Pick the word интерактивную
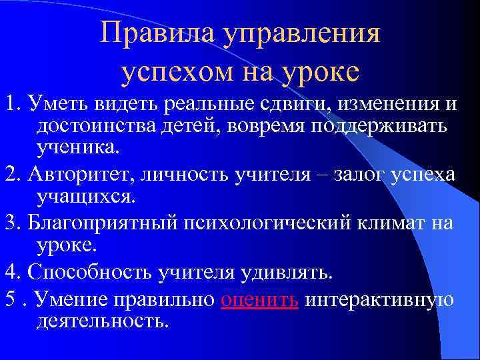(379, 300)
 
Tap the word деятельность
(103, 322)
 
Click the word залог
(357, 175)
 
